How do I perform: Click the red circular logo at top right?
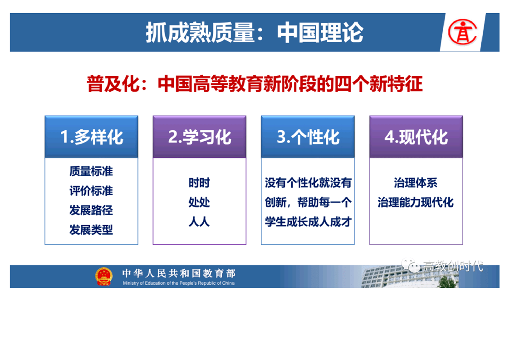pyautogui.click(x=462, y=32)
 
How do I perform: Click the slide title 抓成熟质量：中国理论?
pyautogui.click(x=254, y=33)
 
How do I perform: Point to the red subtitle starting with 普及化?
pyautogui.click(x=254, y=84)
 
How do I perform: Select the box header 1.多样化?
pyautogui.click(x=92, y=137)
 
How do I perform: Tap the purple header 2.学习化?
pyautogui.click(x=200, y=137)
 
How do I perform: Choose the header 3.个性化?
pyautogui.click(x=308, y=137)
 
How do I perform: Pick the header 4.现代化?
pyautogui.click(x=416, y=137)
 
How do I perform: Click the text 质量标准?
pyautogui.click(x=91, y=171)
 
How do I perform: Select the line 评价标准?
pyautogui.click(x=91, y=191)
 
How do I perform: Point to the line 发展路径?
pyautogui.click(x=91, y=210)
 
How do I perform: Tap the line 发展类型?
pyautogui.click(x=91, y=230)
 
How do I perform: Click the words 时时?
pyautogui.click(x=199, y=183)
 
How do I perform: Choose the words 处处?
pyautogui.click(x=199, y=202)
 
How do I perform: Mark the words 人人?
pyautogui.click(x=199, y=222)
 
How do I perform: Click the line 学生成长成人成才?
pyautogui.click(x=308, y=222)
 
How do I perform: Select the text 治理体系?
pyautogui.click(x=416, y=183)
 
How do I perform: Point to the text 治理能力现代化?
pyautogui.click(x=416, y=202)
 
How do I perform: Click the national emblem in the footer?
pyautogui.click(x=104, y=276)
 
